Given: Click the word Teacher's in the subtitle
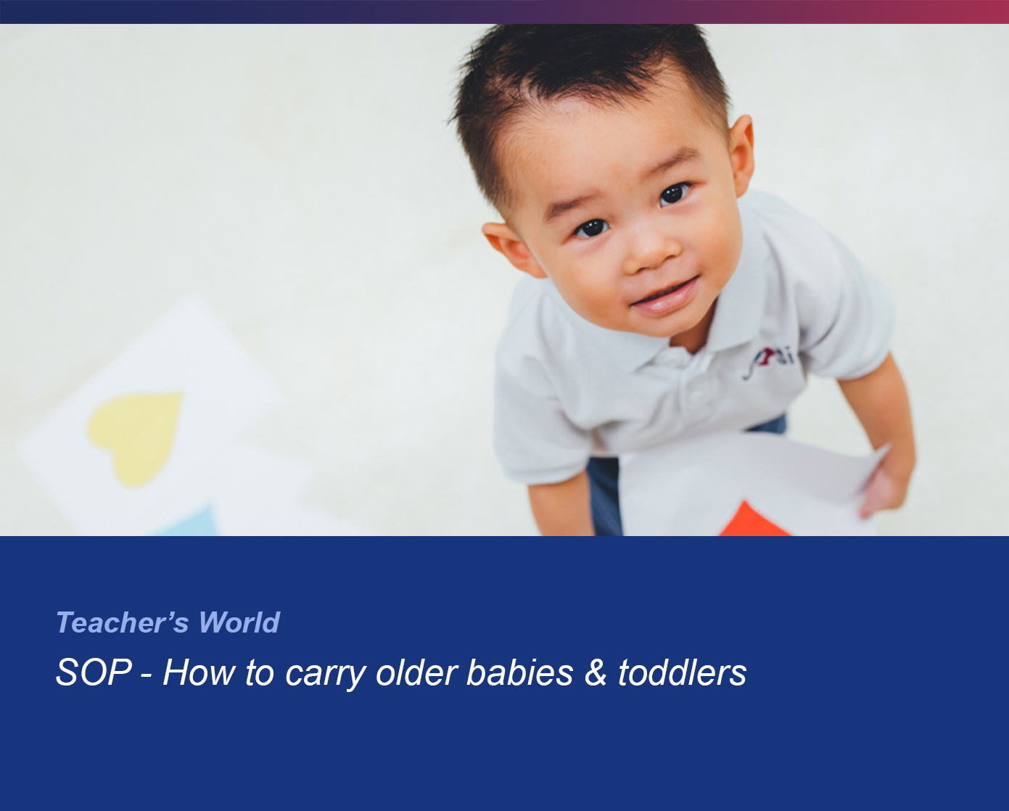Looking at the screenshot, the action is pos(123,622).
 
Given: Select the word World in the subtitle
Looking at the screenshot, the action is pos(239,622).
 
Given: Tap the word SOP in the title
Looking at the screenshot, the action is pos(94,672).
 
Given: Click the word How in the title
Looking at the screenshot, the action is pos(198,672).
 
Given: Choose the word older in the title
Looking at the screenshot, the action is pos(416,672).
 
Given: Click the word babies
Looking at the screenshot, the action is pos(520,672).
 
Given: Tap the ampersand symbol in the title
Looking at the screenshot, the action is pos(596,672).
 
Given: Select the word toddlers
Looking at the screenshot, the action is pos(682,672).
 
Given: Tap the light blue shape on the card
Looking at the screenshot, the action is pos(190,522).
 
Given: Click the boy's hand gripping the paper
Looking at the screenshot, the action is pos(881,490).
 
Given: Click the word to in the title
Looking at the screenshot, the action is pos(259,672).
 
